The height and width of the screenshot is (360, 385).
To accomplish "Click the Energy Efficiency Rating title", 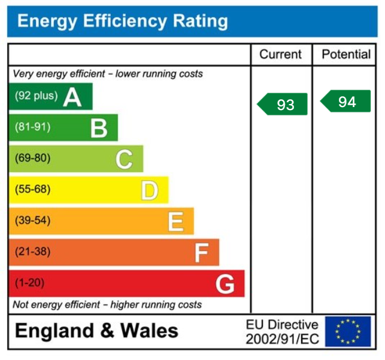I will click(x=123, y=22).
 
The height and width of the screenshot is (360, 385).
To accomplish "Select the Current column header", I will click(x=280, y=54).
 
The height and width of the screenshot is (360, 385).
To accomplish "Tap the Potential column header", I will click(x=346, y=54).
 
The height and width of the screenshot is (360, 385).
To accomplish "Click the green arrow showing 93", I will click(x=283, y=104).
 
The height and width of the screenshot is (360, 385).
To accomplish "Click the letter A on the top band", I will click(x=72, y=96).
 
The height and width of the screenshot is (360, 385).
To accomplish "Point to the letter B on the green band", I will click(x=99, y=127).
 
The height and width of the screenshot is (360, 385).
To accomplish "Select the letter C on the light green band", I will click(x=124, y=159).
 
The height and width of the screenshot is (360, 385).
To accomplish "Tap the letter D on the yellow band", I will click(x=149, y=190).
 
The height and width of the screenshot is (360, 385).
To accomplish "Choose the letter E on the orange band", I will click(x=175, y=221).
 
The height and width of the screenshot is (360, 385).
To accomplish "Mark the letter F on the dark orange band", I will click(x=201, y=253).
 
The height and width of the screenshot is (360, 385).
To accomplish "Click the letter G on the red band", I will click(x=225, y=284).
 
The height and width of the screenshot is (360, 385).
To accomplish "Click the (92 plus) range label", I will click(x=36, y=96).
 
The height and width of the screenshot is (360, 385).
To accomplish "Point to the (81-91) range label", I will click(x=32, y=127).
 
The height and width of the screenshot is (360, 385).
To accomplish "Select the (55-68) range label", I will click(x=32, y=190).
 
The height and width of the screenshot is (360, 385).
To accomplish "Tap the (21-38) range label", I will click(x=32, y=252).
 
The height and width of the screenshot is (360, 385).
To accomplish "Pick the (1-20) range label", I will click(x=29, y=283).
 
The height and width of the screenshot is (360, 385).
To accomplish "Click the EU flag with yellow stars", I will click(x=348, y=331).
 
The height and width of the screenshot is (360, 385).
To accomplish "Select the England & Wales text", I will click(x=96, y=331).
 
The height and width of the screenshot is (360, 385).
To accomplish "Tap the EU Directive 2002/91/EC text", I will click(x=282, y=332).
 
